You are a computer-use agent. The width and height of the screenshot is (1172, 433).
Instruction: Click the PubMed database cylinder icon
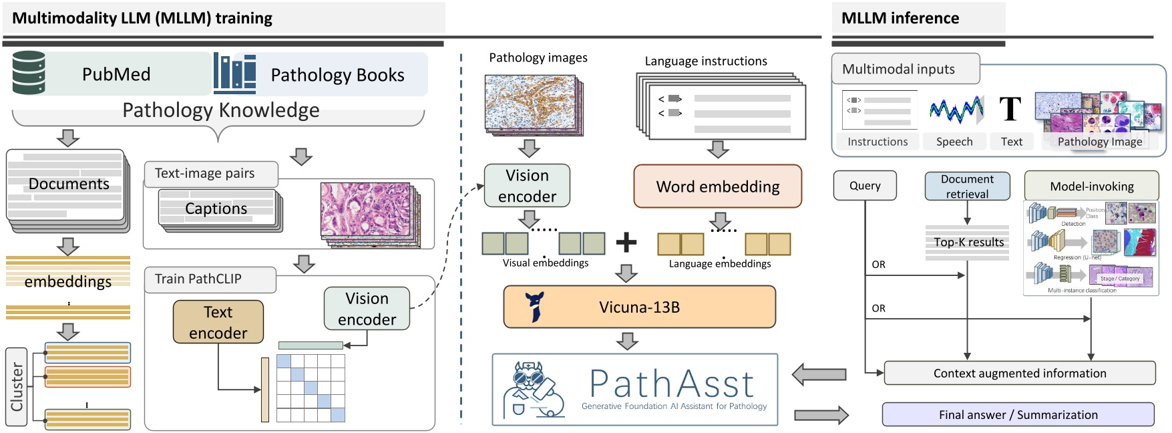[x=29, y=72]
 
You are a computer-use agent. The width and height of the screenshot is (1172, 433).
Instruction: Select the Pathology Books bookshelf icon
[x=234, y=74]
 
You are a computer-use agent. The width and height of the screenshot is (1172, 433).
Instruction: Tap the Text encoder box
[x=218, y=322]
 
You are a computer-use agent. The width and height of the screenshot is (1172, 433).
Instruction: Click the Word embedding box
[x=717, y=186]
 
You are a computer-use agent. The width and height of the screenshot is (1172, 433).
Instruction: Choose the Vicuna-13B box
[x=639, y=307]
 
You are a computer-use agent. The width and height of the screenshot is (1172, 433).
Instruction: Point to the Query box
[x=865, y=186]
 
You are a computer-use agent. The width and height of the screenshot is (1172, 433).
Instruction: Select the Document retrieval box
[x=967, y=186]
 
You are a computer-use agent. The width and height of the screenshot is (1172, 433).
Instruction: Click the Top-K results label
[x=968, y=242]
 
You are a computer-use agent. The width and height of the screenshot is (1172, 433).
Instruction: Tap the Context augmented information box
[x=1019, y=374]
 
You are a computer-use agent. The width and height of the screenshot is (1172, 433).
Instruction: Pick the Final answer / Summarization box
[x=1018, y=414]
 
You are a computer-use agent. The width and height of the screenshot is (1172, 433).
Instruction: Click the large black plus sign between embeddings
[x=626, y=242]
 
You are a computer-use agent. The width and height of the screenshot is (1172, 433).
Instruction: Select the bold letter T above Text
[x=1010, y=109]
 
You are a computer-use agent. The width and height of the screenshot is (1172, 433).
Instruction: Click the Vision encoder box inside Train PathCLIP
[x=367, y=309]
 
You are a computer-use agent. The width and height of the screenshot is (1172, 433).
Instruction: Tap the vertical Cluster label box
[x=17, y=387]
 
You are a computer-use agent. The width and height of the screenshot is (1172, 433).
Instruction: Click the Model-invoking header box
[x=1091, y=186]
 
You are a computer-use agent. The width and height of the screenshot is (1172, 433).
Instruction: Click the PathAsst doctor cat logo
[x=533, y=390]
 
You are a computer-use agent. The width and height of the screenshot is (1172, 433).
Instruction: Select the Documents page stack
[x=67, y=186]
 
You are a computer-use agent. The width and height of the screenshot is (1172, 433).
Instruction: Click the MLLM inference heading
[x=900, y=18]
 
